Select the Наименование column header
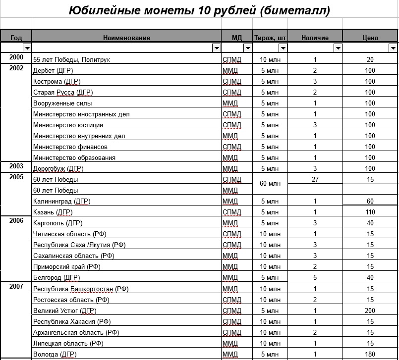[x=126, y=38]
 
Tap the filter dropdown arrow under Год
[x=27, y=48]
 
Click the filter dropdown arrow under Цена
[x=393, y=48]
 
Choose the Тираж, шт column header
[x=270, y=38]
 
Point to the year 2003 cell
[x=16, y=167]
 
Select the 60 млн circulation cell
[x=270, y=184]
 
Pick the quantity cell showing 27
[x=315, y=180]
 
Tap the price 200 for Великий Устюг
[x=370, y=311]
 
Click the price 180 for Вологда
[x=370, y=355]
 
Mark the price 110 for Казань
[x=370, y=212]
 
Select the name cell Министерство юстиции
[x=68, y=125]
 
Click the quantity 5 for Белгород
[x=315, y=278]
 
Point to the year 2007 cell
[x=16, y=287]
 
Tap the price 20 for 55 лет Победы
[x=370, y=60]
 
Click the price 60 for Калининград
[x=370, y=202]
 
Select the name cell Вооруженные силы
[x=62, y=103]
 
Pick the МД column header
[x=236, y=38]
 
